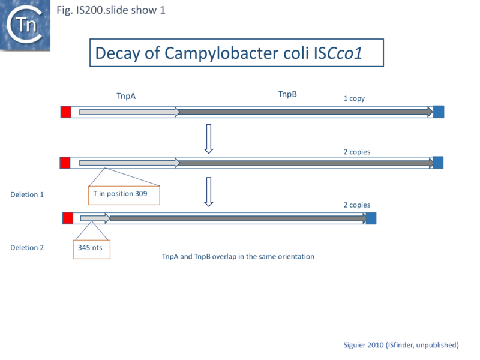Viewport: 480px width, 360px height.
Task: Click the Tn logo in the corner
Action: point(25,25)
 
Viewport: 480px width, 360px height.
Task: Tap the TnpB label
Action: point(287,94)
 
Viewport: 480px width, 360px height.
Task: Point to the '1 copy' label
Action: point(354,98)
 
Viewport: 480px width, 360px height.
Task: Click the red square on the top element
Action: point(65,112)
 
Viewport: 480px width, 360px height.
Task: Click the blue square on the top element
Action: point(439,112)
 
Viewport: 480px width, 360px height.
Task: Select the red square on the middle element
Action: point(65,163)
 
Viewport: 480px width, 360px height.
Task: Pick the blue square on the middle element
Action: point(438,163)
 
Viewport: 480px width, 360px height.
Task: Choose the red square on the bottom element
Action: point(68,218)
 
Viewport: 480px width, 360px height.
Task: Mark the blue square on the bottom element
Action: point(371,218)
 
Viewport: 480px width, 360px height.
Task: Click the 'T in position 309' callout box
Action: point(125,194)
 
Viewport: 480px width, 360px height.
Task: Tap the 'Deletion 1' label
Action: point(27,194)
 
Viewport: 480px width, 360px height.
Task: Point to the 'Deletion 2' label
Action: point(27,247)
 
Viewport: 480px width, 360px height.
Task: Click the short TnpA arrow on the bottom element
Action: point(95,218)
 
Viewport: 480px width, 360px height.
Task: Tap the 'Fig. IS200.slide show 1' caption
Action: point(110,10)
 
